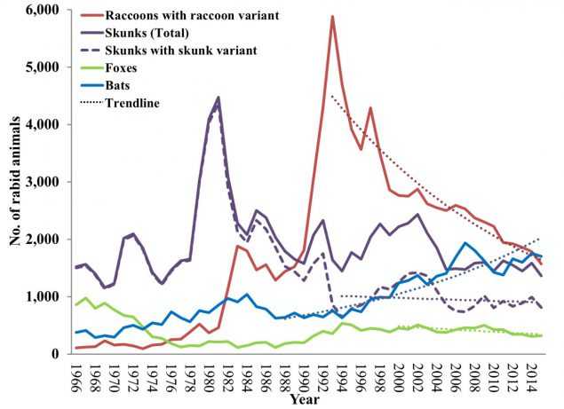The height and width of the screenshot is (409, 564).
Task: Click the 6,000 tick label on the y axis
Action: click(x=46, y=10)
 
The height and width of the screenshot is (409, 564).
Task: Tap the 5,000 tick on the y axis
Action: click(x=46, y=67)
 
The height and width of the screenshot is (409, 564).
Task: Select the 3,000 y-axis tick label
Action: click(x=46, y=182)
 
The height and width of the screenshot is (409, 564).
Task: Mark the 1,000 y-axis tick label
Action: click(x=46, y=296)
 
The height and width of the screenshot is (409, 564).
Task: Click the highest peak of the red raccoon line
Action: click(x=331, y=16)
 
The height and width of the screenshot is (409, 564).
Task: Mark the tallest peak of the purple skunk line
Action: click(x=218, y=98)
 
